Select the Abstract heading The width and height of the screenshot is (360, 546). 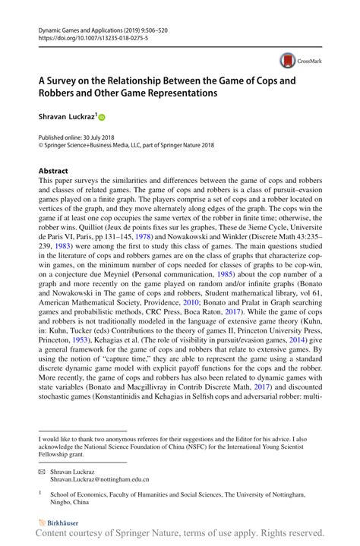coord(53,171)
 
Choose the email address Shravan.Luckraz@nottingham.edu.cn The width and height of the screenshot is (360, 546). coord(99,480)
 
